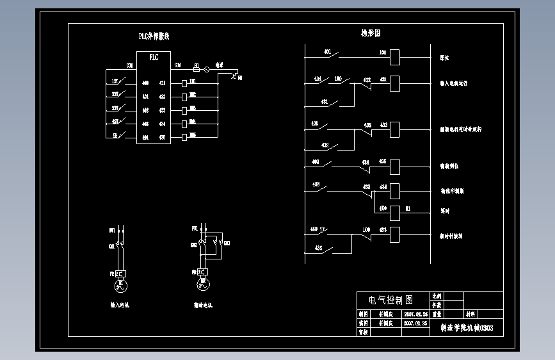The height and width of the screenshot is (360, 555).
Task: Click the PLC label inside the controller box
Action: (154, 57)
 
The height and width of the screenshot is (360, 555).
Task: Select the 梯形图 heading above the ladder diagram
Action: (371, 33)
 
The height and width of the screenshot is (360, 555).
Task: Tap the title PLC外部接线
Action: (154, 37)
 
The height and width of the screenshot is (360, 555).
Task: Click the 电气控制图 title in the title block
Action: (391, 300)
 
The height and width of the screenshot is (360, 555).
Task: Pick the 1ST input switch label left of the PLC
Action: (115, 81)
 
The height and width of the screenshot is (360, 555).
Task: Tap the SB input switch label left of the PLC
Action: (115, 136)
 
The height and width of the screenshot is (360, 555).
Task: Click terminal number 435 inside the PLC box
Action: (162, 137)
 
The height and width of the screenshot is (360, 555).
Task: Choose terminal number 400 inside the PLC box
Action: (145, 83)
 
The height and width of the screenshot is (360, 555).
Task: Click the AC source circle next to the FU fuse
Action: (207, 69)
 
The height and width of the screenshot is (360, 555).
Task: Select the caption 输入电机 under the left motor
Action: (120, 306)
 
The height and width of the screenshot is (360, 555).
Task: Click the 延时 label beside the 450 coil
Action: (444, 211)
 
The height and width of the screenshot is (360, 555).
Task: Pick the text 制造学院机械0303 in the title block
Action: (467, 328)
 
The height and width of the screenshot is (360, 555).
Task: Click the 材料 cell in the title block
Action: (471, 315)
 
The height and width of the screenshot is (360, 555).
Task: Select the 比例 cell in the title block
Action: (437, 297)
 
